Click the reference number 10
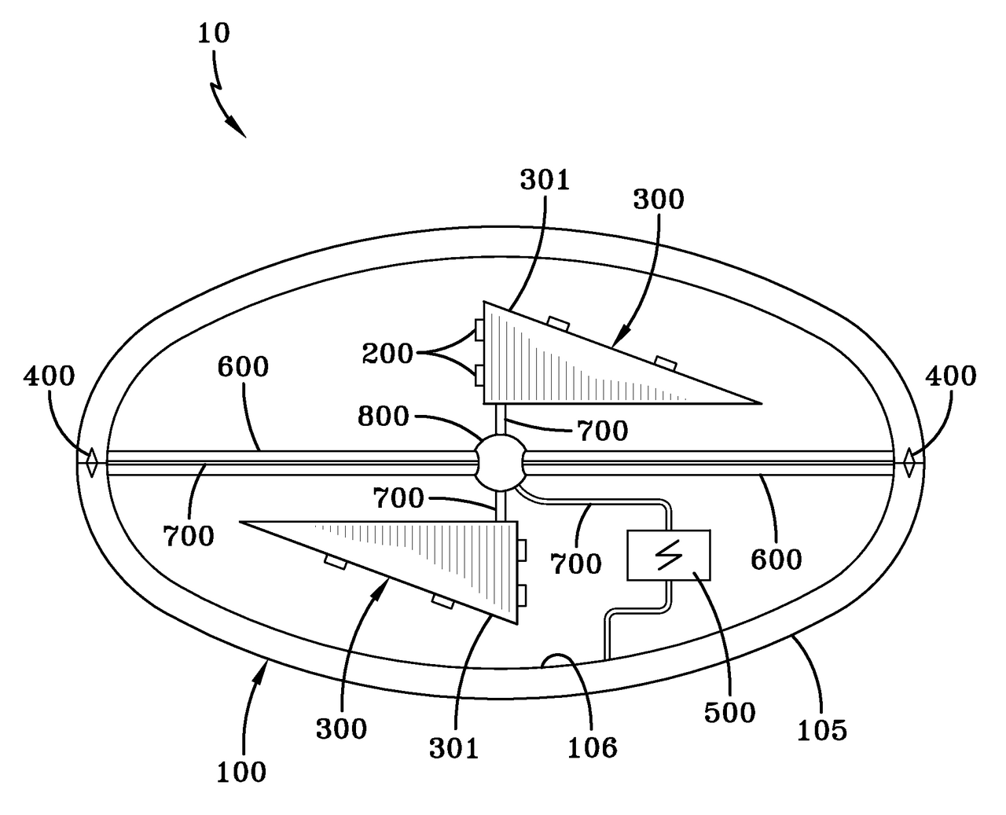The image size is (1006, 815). tap(213, 34)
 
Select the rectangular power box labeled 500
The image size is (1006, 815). tap(668, 555)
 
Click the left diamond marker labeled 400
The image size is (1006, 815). tap(91, 462)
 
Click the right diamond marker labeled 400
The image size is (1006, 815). tap(909, 462)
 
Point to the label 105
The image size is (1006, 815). tap(822, 730)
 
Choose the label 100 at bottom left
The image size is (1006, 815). tap(241, 772)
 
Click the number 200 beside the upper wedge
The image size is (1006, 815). tap(387, 354)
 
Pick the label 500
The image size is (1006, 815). tap(729, 712)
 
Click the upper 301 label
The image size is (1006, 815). tap(544, 180)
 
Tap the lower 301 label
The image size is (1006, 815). tap(453, 748)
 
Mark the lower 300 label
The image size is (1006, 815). tap(341, 729)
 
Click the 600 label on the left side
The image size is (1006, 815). tap(243, 367)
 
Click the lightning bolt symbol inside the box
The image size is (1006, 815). tap(668, 555)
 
